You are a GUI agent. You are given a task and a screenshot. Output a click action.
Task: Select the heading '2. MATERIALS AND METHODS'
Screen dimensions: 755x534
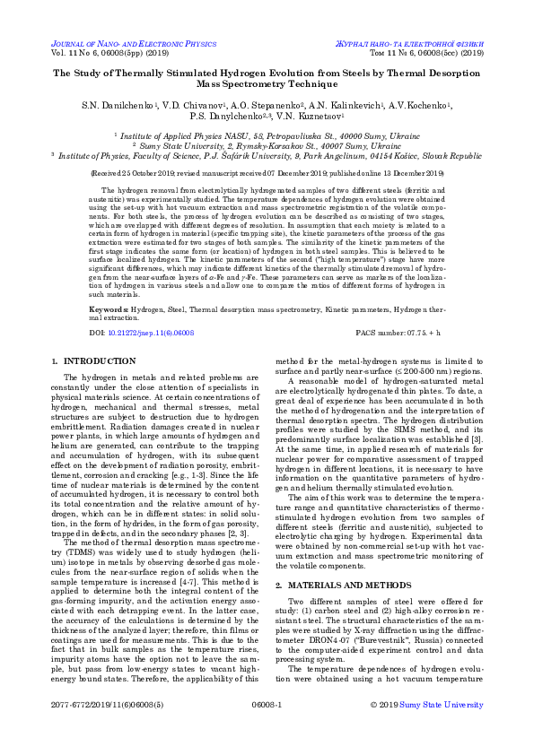334,534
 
